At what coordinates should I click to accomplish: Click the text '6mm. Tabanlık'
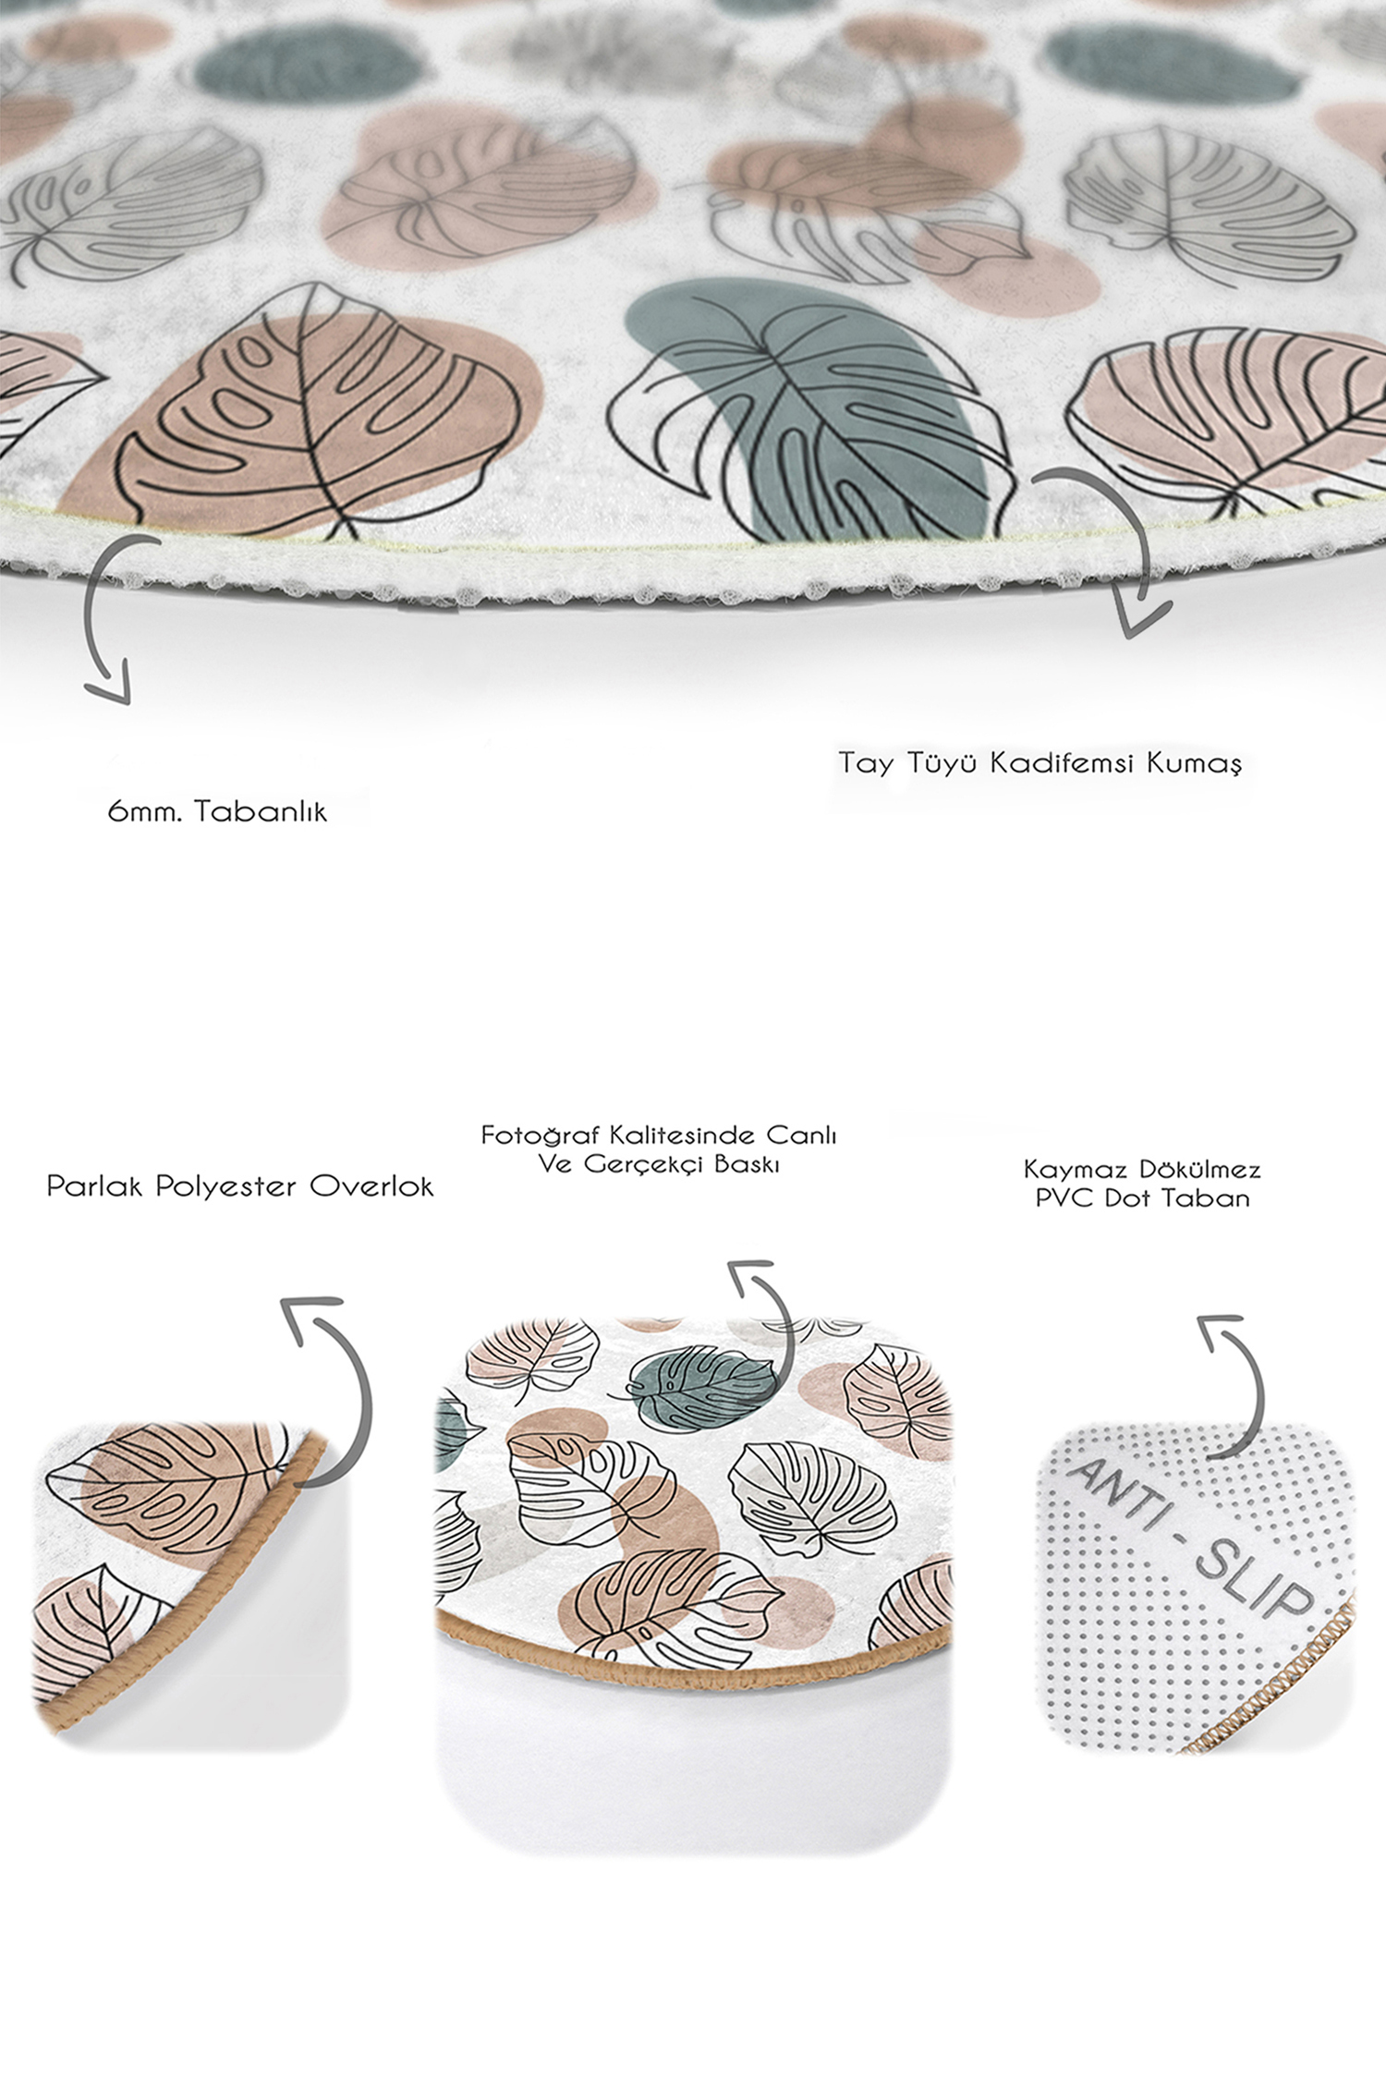[x=217, y=812]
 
